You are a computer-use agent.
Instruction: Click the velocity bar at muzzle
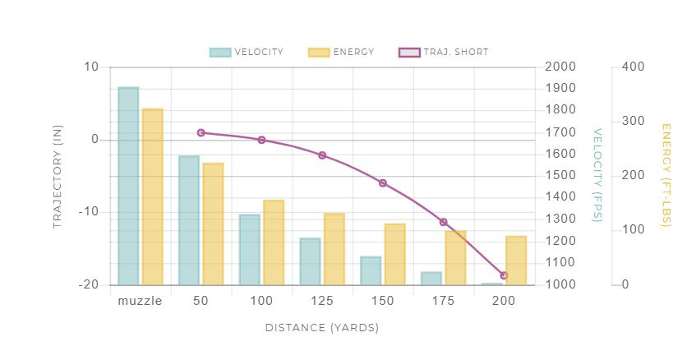click(x=128, y=186)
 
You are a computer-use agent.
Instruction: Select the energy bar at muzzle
click(x=152, y=196)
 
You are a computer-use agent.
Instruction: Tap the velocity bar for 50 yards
click(x=189, y=220)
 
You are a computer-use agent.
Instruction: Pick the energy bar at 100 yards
click(x=274, y=242)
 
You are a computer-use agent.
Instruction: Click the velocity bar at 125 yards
click(x=310, y=261)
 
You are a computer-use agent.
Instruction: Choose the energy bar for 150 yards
click(x=394, y=254)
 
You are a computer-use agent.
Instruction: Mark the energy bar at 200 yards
click(x=516, y=261)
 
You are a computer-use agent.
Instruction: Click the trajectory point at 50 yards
click(x=201, y=132)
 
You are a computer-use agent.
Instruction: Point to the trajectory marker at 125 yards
click(x=322, y=155)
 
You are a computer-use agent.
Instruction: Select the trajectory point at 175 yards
click(x=443, y=222)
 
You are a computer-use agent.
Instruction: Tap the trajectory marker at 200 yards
click(x=504, y=275)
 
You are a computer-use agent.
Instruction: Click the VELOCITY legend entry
click(x=247, y=52)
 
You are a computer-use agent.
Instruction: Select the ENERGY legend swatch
click(x=319, y=52)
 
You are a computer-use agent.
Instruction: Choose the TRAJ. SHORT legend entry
click(x=443, y=52)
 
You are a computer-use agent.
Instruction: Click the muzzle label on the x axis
click(x=140, y=301)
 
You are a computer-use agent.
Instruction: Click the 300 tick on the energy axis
click(x=633, y=122)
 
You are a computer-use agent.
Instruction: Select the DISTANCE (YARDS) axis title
click(x=321, y=328)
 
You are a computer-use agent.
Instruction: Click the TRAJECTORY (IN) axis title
click(x=58, y=176)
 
